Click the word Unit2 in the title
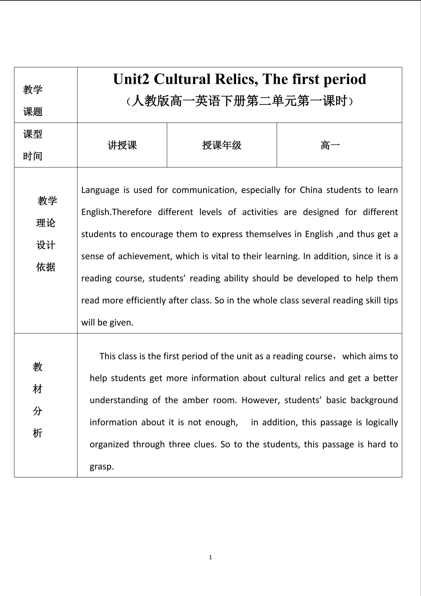pos(131,79)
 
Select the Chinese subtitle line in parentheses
pos(240,101)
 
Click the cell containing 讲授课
pos(122,145)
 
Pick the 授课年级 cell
pos(222,145)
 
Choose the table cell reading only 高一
pos(330,145)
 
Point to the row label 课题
pos(33,112)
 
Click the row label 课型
pos(33,134)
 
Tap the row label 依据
pos(46,267)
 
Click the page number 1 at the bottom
pos(210,557)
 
